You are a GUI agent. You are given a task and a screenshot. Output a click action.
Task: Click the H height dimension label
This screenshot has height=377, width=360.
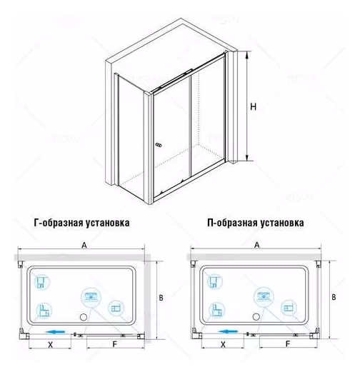pyautogui.click(x=254, y=106)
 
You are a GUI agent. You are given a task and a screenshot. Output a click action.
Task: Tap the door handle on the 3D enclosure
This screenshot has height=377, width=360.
pyautogui.click(x=159, y=145)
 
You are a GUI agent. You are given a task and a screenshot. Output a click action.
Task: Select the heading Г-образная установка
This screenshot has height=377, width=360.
pyautogui.click(x=81, y=223)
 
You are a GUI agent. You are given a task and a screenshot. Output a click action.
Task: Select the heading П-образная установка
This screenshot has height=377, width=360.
pyautogui.click(x=256, y=223)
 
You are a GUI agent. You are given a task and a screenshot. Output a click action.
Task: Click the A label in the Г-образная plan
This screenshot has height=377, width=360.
pyautogui.click(x=84, y=246)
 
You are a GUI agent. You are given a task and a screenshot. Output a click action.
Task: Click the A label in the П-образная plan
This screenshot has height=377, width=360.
pyautogui.click(x=257, y=245)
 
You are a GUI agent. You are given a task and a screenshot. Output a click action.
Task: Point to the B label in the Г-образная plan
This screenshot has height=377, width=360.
pyautogui.click(x=161, y=298)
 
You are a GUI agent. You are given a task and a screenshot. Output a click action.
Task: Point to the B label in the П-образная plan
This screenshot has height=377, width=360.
pyautogui.click(x=334, y=297)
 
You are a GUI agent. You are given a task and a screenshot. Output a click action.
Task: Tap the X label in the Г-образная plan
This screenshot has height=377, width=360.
pyautogui.click(x=50, y=345)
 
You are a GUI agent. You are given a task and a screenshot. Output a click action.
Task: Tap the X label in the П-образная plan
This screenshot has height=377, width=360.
pyautogui.click(x=223, y=345)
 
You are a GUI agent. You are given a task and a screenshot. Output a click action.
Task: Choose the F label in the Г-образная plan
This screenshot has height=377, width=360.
pyautogui.click(x=115, y=345)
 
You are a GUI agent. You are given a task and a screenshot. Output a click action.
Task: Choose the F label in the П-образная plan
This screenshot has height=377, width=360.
pyautogui.click(x=288, y=344)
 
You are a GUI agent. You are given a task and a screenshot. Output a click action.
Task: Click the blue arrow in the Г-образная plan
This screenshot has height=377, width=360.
pyautogui.click(x=55, y=332)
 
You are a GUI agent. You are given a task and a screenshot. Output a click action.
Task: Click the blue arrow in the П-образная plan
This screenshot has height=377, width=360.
pyautogui.click(x=228, y=332)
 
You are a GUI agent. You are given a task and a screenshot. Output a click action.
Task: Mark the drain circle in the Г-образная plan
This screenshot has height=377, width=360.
pyautogui.click(x=83, y=317)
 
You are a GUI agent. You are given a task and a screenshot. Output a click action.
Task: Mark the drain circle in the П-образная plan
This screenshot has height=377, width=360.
pyautogui.click(x=256, y=317)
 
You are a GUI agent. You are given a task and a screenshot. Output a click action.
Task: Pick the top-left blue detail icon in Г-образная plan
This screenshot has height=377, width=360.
pyautogui.click(x=42, y=281)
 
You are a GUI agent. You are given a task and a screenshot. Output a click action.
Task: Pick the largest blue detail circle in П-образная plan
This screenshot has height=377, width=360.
pyautogui.click(x=264, y=296)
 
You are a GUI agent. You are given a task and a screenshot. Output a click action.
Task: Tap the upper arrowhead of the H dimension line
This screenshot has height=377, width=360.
pyautogui.click(x=247, y=54)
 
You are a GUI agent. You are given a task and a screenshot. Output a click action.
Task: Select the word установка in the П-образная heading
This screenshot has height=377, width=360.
pyautogui.click(x=282, y=223)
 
